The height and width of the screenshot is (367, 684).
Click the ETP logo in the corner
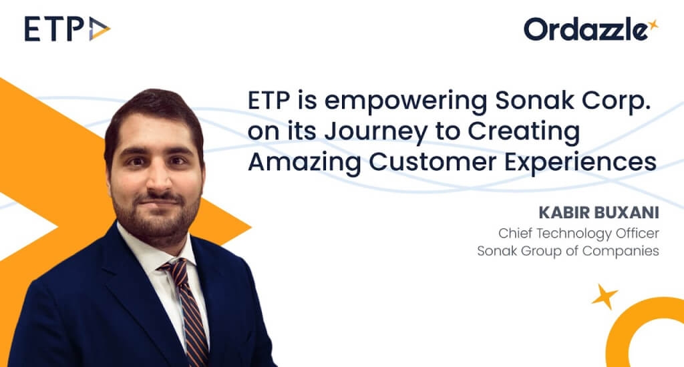click(67, 29)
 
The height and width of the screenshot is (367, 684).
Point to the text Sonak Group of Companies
click(568, 252)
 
